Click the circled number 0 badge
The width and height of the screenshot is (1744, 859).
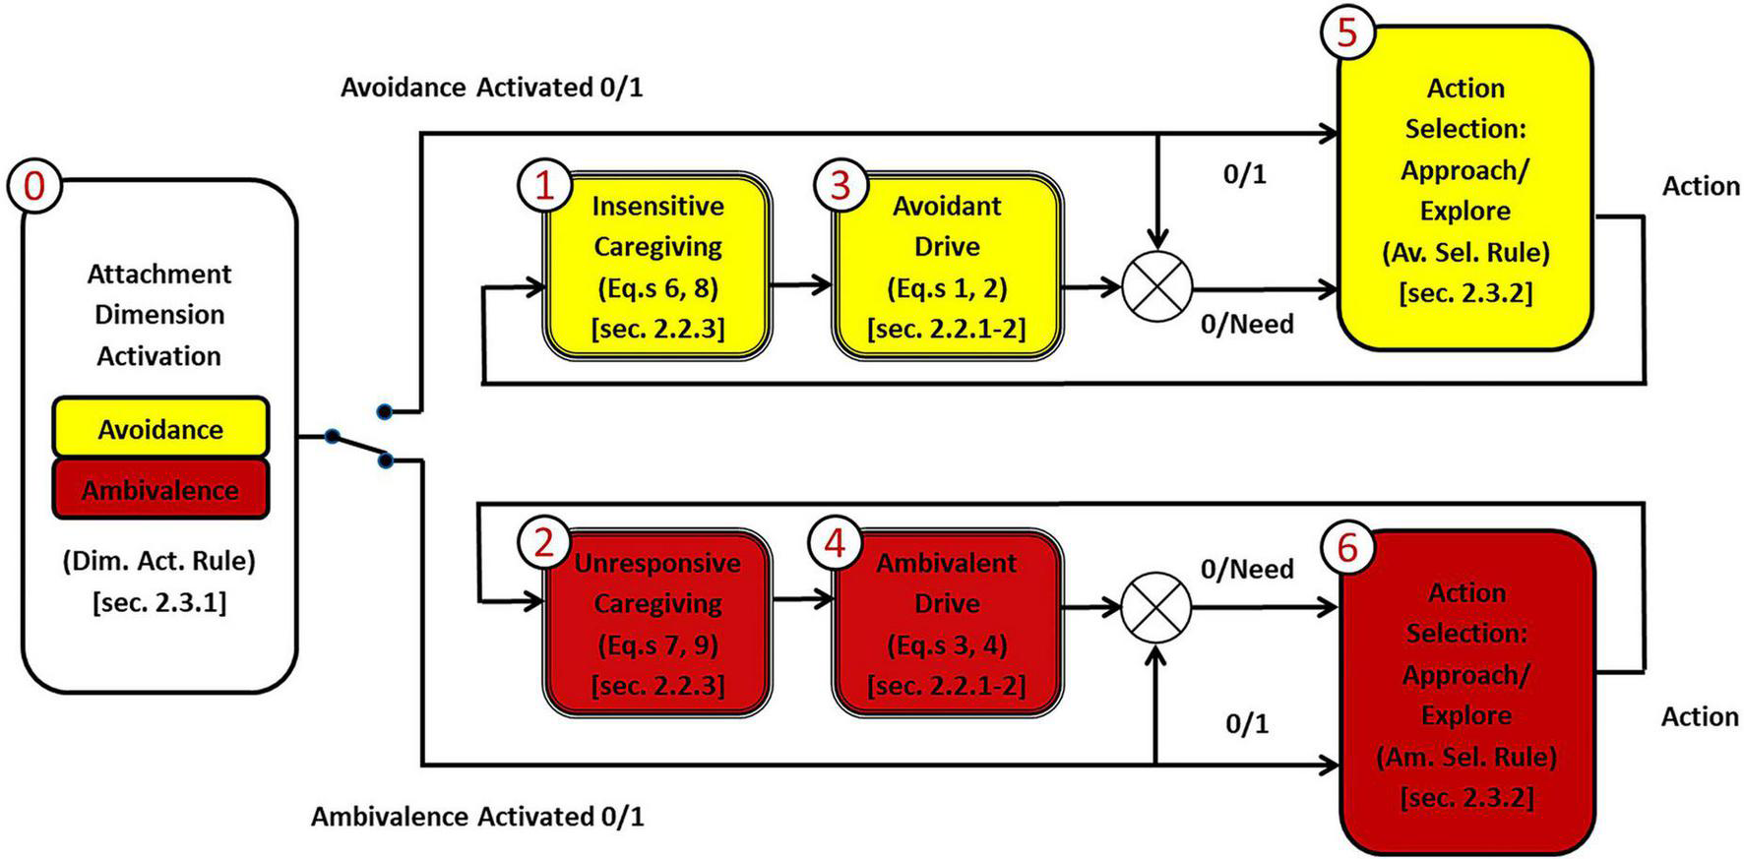coord(34,184)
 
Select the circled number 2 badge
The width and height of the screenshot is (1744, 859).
coord(544,542)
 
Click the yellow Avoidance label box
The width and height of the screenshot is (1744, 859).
coord(160,428)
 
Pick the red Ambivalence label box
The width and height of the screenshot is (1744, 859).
coord(160,489)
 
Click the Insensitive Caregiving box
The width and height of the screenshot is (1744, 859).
coord(657,267)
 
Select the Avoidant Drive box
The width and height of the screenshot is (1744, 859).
coord(947,267)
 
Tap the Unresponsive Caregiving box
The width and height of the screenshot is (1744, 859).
coord(657,624)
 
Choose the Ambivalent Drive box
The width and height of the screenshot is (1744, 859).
coord(947,624)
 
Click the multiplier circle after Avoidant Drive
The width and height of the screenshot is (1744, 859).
coord(1157,287)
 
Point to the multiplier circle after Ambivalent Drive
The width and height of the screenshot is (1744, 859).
coord(1156,607)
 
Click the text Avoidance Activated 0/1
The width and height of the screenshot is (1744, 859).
coord(491,88)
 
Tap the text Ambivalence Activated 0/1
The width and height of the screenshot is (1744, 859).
coord(477,817)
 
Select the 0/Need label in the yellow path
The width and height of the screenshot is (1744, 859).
coord(1247,324)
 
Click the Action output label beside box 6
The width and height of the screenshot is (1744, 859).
coord(1700,716)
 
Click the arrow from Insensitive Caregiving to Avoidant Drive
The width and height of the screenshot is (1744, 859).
coord(801,286)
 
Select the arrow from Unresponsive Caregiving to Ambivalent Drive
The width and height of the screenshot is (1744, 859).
coord(801,599)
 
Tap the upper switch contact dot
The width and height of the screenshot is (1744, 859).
coord(384,411)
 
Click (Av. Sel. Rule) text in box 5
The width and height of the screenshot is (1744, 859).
coord(1465,252)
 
